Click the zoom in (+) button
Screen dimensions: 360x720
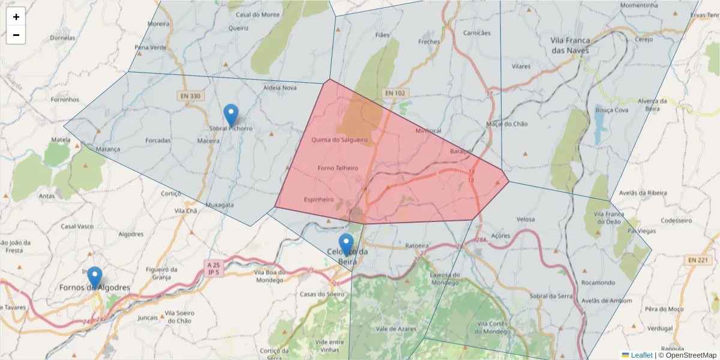(16, 17)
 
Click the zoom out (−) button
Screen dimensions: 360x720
(16, 35)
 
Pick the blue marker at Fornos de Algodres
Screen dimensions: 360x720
(95, 278)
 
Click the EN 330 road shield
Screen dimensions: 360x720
(189, 95)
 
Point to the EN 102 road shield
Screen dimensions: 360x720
(395, 93)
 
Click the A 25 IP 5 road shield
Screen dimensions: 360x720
(213, 268)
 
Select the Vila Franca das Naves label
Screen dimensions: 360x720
(570, 45)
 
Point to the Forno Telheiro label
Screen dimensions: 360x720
(337, 168)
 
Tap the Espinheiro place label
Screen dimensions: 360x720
(319, 199)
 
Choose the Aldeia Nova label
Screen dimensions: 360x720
(280, 88)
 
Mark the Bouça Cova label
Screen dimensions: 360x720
(611, 110)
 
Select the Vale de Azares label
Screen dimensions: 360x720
(395, 329)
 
